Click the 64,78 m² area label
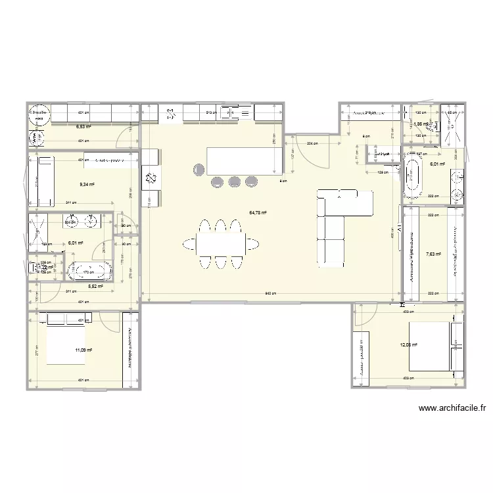[257, 212]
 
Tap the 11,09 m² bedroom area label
[83, 350]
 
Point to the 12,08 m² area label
[408, 344]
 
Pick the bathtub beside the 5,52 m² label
[90, 270]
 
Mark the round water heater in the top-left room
[37, 115]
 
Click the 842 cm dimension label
[271, 293]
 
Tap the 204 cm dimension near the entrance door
[311, 143]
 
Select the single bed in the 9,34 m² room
[46, 181]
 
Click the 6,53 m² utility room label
[83, 127]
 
